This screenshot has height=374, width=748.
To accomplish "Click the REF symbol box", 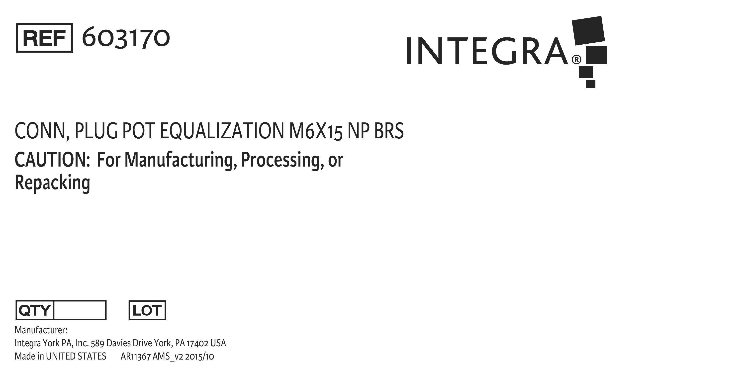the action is click(x=44, y=38).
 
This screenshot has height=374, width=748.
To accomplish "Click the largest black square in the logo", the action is click(x=588, y=30).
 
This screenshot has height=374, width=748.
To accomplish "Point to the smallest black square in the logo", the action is click(x=591, y=84).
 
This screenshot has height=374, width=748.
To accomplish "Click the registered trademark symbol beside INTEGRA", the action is click(x=576, y=60).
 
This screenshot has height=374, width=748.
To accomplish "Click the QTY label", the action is click(x=35, y=310).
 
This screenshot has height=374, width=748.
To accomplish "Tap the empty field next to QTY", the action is click(x=80, y=310).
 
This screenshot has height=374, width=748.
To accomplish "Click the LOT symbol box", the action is click(x=147, y=310).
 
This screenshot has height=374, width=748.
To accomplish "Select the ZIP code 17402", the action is click(x=197, y=343).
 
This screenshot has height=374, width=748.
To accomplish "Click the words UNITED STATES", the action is click(x=76, y=356).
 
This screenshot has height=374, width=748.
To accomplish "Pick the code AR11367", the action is click(x=136, y=356).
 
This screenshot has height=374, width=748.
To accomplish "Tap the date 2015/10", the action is click(x=199, y=357).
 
